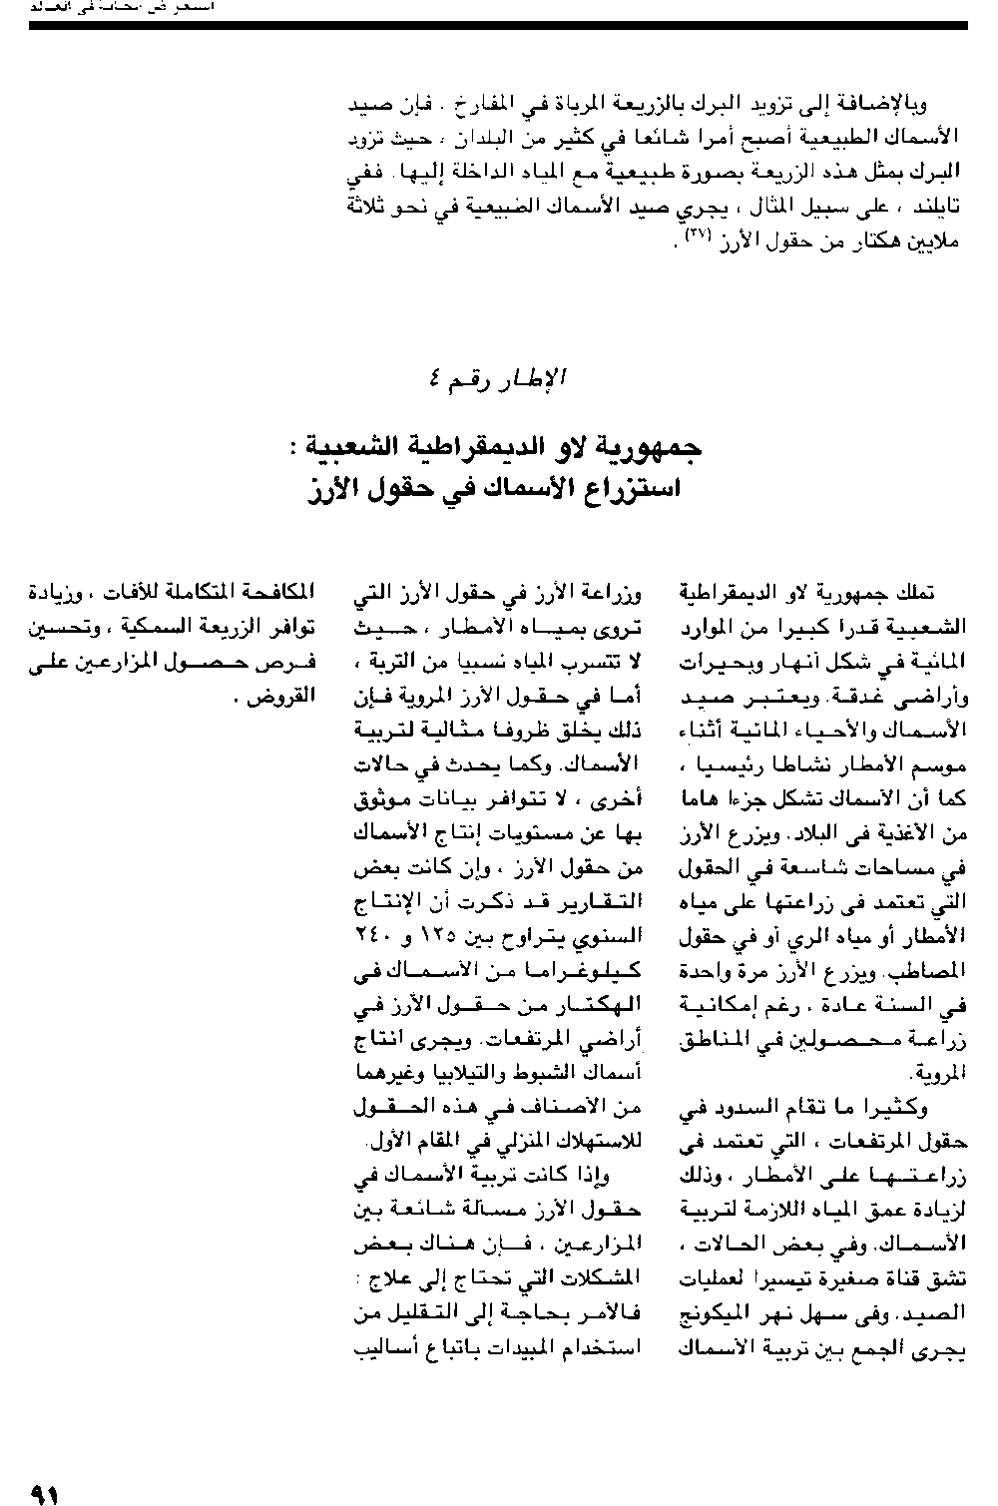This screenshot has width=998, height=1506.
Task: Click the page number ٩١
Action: [45, 1494]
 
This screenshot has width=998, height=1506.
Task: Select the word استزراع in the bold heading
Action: [629, 490]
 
